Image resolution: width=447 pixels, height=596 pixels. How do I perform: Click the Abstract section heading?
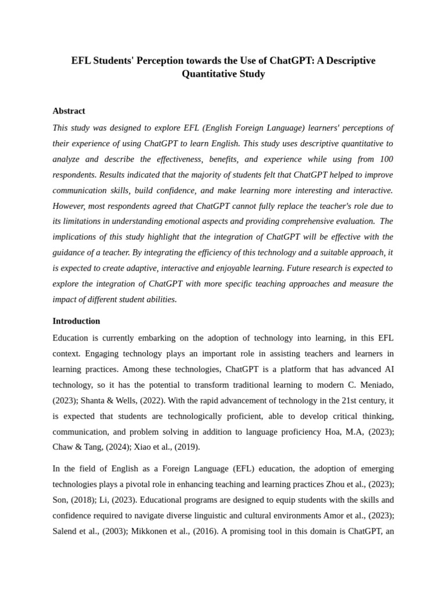69,111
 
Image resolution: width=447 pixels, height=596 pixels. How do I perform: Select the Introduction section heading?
76,321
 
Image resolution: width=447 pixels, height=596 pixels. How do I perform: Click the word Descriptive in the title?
347,61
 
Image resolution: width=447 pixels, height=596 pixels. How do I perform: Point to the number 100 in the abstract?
386,159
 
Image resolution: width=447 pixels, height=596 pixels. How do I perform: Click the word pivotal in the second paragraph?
164,484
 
